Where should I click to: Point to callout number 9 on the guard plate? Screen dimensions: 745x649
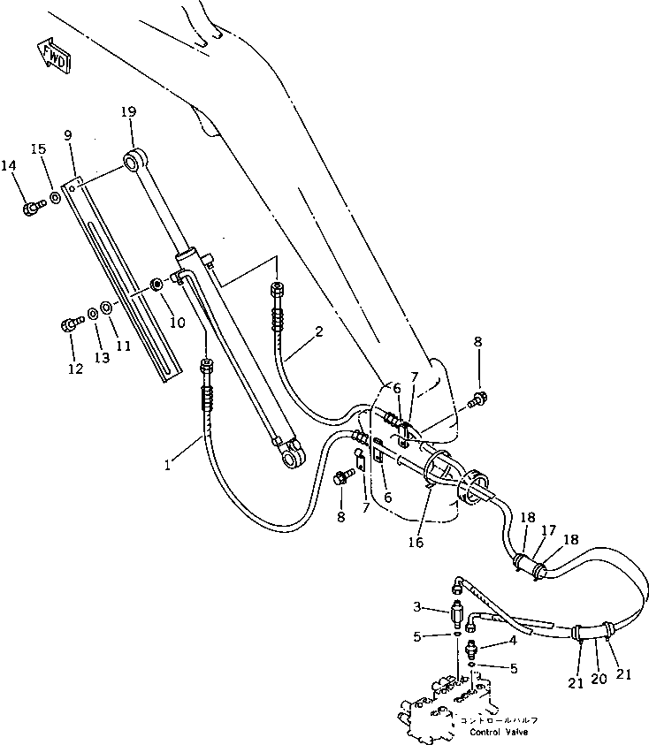(x=69, y=136)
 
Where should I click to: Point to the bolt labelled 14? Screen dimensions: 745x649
(x=32, y=208)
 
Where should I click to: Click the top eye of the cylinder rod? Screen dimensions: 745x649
(x=136, y=161)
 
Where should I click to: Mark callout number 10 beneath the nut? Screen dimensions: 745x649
(x=177, y=323)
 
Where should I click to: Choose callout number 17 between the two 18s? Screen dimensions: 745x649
(x=549, y=530)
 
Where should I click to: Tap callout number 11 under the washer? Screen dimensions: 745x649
(x=124, y=346)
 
